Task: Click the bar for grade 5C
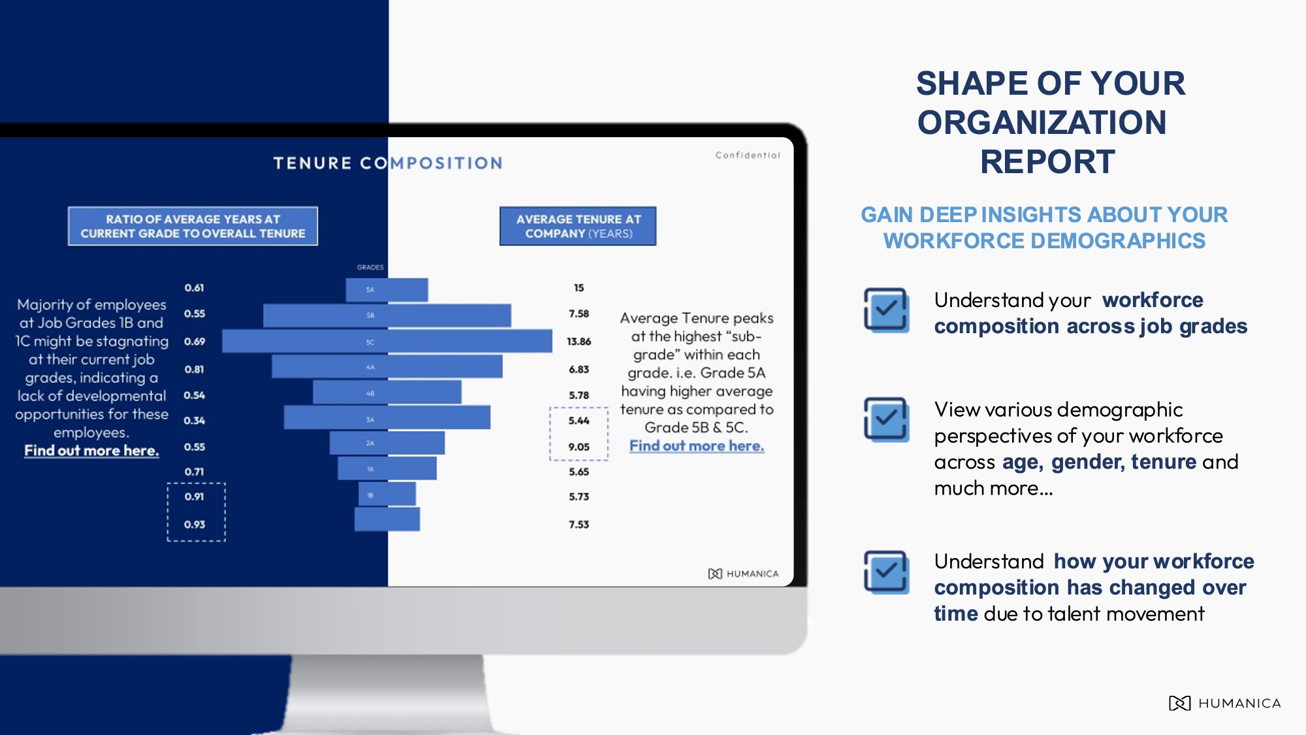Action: pos(387,342)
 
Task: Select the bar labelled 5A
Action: pos(387,289)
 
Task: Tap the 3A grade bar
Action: pos(387,418)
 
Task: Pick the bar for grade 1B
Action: pos(387,495)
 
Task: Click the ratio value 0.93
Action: pos(195,525)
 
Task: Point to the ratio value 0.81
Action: pos(195,369)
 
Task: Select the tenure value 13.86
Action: pos(579,342)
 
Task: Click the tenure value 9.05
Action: pos(579,447)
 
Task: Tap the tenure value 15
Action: pos(579,288)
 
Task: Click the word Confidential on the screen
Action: pos(748,155)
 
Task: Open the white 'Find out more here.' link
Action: pos(91,451)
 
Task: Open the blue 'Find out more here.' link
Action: pos(697,446)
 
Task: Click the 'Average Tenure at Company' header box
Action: pos(578,227)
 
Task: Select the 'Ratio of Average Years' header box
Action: pos(193,227)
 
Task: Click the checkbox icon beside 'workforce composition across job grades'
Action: pos(886,310)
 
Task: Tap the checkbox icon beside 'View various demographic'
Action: pos(886,419)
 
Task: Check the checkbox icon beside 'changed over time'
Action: pos(886,572)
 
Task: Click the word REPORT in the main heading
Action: pos(1047,162)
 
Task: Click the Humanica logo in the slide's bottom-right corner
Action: pos(1224,704)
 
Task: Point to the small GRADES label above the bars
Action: pos(370,267)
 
